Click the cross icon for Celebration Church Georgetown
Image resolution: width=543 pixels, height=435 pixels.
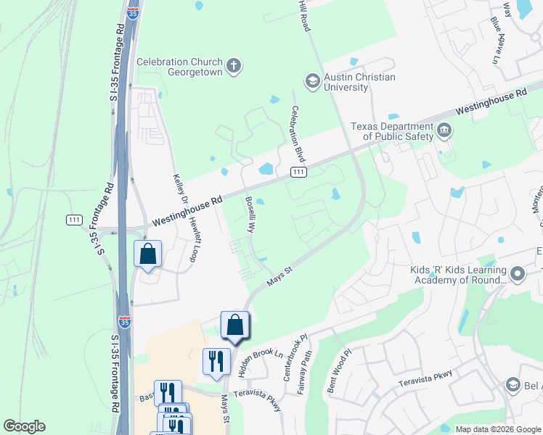(x=233, y=67)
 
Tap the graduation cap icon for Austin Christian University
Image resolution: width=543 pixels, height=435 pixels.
(x=313, y=81)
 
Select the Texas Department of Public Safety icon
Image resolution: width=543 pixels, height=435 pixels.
(x=444, y=130)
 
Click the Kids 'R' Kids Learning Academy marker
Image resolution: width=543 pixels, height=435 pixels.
(x=518, y=274)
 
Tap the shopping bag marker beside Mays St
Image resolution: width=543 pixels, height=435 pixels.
(x=234, y=326)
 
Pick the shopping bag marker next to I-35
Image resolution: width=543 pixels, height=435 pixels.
(x=147, y=254)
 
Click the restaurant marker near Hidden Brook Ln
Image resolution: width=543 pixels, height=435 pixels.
(x=216, y=361)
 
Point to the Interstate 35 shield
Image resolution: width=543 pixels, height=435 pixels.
(x=125, y=321)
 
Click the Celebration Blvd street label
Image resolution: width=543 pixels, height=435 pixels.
(x=297, y=134)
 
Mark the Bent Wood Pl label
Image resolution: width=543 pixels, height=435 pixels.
(x=339, y=372)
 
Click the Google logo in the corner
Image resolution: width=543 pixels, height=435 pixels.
(x=24, y=426)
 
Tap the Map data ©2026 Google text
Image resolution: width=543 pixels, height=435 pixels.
(x=498, y=429)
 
